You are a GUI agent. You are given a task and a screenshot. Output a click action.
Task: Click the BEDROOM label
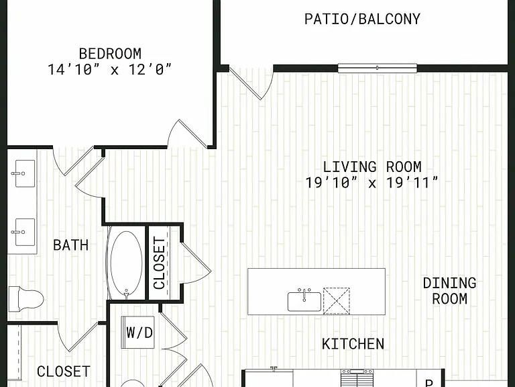click(110, 54)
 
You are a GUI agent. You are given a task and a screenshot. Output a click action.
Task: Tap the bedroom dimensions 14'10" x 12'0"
click(110, 70)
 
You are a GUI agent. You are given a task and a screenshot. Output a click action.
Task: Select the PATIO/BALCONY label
click(362, 19)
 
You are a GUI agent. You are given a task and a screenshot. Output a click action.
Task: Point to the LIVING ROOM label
click(372, 167)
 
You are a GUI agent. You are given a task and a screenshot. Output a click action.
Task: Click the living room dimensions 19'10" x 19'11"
click(371, 183)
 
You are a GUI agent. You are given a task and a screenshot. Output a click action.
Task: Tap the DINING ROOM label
click(450, 291)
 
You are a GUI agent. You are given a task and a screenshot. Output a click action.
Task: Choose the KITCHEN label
click(353, 344)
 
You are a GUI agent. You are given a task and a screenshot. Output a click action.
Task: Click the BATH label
click(71, 245)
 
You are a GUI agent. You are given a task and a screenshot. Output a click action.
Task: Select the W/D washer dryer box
click(138, 333)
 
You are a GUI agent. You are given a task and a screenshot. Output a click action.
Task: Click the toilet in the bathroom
click(25, 299)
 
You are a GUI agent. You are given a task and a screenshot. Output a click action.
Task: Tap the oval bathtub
click(127, 263)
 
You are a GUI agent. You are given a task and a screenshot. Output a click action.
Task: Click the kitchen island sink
click(304, 300)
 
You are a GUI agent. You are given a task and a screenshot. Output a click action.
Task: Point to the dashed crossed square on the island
click(337, 301)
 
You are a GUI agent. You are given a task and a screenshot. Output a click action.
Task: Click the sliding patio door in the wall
click(378, 68)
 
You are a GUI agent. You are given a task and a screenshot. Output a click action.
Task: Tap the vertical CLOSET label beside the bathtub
click(160, 263)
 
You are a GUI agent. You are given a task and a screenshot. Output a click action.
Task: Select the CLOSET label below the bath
click(64, 372)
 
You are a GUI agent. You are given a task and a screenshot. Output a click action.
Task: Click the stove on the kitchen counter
click(357, 378)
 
